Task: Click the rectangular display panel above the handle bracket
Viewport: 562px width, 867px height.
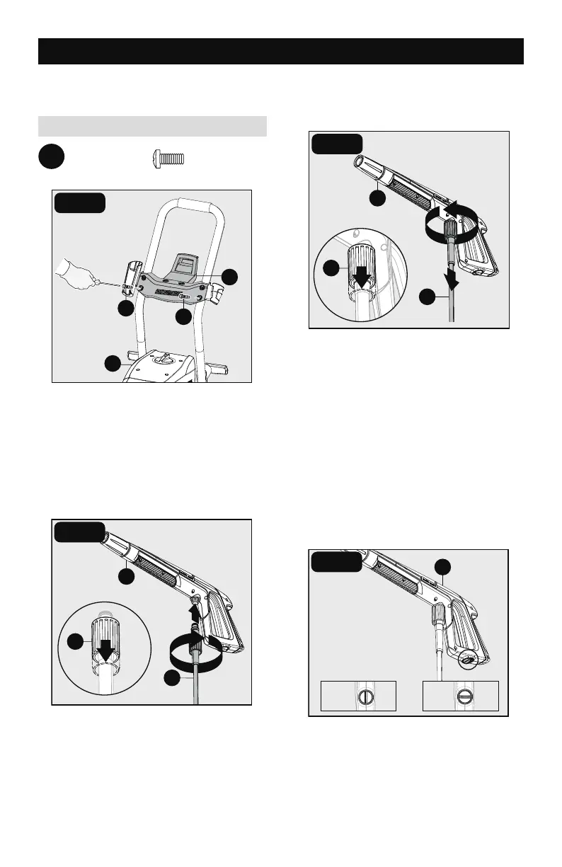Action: (185, 265)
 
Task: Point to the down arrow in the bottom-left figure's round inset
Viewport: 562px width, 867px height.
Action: (107, 649)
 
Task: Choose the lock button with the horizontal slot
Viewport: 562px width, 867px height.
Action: (461, 695)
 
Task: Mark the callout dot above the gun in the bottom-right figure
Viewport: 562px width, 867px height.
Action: (442, 566)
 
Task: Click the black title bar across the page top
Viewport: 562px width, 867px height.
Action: (280, 52)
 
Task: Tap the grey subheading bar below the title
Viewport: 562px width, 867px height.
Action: (152, 126)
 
